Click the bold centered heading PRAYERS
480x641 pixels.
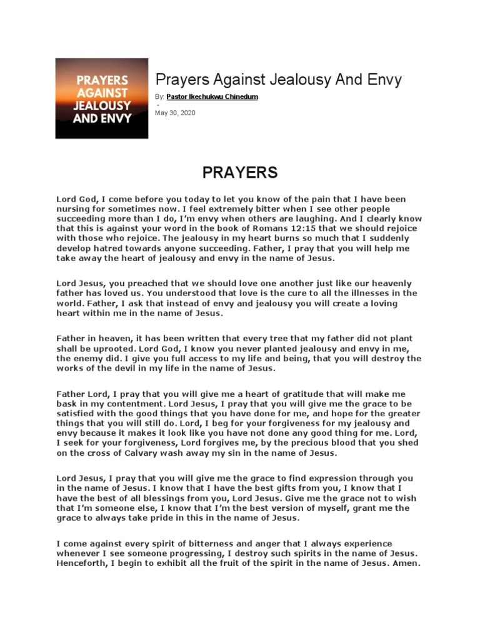point(239,172)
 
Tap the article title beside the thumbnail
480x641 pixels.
point(278,79)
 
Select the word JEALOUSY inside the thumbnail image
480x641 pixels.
point(101,105)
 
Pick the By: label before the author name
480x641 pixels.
point(159,97)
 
